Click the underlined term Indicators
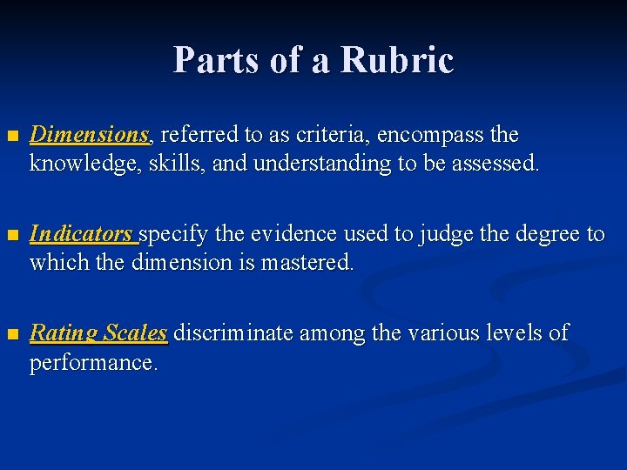coord(83,234)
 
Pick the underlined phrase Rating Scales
coord(98,332)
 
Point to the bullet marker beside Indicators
coord(11,236)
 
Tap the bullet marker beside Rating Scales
coord(11,334)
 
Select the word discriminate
coord(231,332)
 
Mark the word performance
coord(94,361)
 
